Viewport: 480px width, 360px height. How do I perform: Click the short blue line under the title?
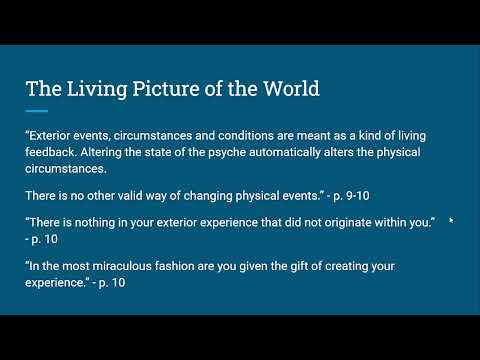[37, 110]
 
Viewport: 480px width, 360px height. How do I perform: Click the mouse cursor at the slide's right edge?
[451, 221]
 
